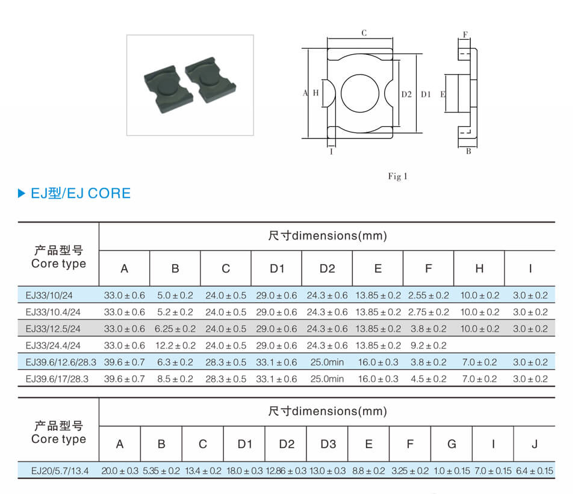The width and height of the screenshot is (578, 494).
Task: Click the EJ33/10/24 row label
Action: click(x=49, y=295)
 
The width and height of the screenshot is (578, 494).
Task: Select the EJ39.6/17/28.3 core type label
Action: click(x=57, y=379)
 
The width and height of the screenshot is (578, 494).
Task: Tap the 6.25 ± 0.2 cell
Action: click(x=175, y=329)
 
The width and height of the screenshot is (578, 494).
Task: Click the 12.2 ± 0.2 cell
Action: click(x=175, y=345)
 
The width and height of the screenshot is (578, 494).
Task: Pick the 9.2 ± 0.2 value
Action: click(x=428, y=345)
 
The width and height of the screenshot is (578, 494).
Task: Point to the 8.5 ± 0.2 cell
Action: click(x=175, y=379)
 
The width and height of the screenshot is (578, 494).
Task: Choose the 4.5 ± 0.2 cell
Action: click(x=428, y=379)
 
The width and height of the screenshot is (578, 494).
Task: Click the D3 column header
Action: click(x=328, y=444)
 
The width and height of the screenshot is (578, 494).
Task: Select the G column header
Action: click(x=452, y=444)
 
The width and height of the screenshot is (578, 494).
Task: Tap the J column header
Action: click(x=535, y=444)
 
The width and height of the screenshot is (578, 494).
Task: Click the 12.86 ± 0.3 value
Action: click(x=286, y=471)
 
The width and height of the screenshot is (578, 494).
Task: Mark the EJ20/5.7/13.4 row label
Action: click(x=60, y=471)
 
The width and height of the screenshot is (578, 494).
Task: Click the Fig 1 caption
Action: click(x=397, y=176)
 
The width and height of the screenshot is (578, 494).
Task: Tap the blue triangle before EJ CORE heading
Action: click(x=22, y=193)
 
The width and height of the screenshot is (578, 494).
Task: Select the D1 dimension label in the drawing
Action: click(x=426, y=94)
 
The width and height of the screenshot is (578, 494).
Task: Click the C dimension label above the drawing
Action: click(x=364, y=33)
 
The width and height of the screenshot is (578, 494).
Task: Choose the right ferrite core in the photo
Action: click(x=211, y=79)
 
